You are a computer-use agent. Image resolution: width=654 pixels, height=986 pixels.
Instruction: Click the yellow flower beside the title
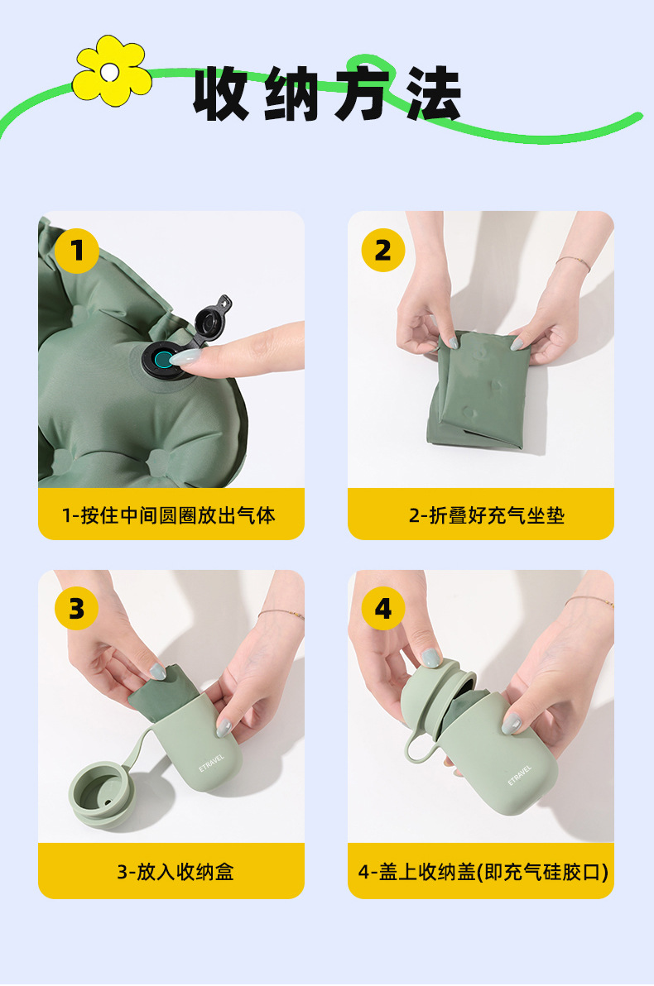coord(112,71)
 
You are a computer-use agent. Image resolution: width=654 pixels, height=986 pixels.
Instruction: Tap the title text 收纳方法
coord(327,93)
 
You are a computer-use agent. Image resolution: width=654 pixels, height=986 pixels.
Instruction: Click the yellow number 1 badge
coord(77,251)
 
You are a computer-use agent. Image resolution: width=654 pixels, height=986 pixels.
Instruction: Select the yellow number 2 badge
coord(382,251)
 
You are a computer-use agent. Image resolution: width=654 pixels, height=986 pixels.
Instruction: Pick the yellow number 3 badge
coord(76,609)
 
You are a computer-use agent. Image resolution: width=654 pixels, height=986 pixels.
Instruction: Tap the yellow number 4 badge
coord(382,609)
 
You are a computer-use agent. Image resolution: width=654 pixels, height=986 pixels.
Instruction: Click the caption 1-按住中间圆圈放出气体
coord(169,515)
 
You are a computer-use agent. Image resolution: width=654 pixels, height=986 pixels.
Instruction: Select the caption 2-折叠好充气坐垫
coord(487,515)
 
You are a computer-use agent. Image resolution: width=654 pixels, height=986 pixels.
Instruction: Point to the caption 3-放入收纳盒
coord(176,872)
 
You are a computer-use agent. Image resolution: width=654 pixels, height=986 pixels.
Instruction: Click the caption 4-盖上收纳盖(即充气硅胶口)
coord(483,872)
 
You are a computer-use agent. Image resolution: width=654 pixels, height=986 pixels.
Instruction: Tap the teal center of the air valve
coord(164,361)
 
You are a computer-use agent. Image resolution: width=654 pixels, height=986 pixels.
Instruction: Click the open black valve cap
coord(211,318)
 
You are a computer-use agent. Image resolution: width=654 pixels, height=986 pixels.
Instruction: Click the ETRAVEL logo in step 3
coord(211,763)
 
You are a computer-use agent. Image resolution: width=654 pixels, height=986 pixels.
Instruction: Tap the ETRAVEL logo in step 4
coord(520,775)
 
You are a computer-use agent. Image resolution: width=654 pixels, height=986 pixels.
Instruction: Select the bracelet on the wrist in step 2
coord(574,261)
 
